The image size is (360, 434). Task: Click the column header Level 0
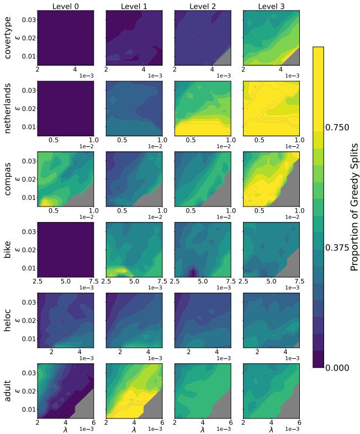65,6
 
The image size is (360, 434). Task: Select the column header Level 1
134,6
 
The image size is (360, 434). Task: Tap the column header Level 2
202,6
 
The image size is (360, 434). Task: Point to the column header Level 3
271,6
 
